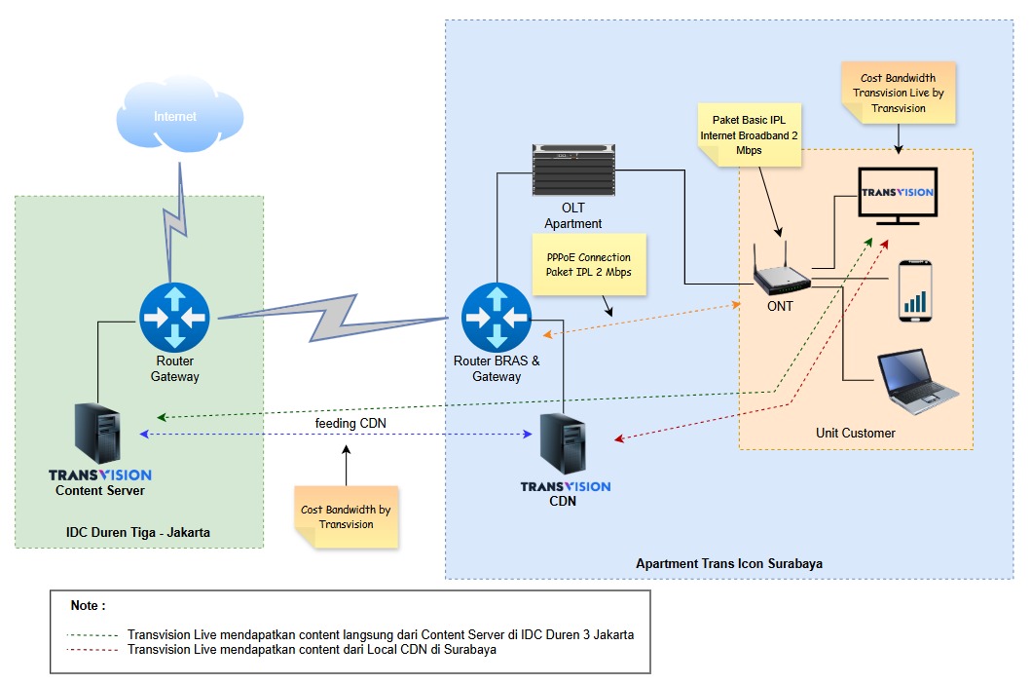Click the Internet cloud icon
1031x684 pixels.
(175, 118)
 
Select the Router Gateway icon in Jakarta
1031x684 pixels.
(174, 317)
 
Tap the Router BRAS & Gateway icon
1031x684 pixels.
(497, 317)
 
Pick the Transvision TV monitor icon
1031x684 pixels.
(897, 196)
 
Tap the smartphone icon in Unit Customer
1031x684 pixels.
(915, 290)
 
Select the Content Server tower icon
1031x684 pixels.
(98, 437)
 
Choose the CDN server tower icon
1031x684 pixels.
(565, 444)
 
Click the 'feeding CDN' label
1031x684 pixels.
(346, 424)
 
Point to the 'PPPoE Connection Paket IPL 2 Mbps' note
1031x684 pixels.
(589, 264)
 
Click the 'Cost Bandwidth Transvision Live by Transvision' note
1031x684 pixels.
(899, 94)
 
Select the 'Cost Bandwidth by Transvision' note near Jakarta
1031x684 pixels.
(346, 516)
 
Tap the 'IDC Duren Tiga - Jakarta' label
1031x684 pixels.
(138, 533)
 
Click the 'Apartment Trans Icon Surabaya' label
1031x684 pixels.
(729, 564)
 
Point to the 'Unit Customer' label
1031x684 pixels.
(855, 433)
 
